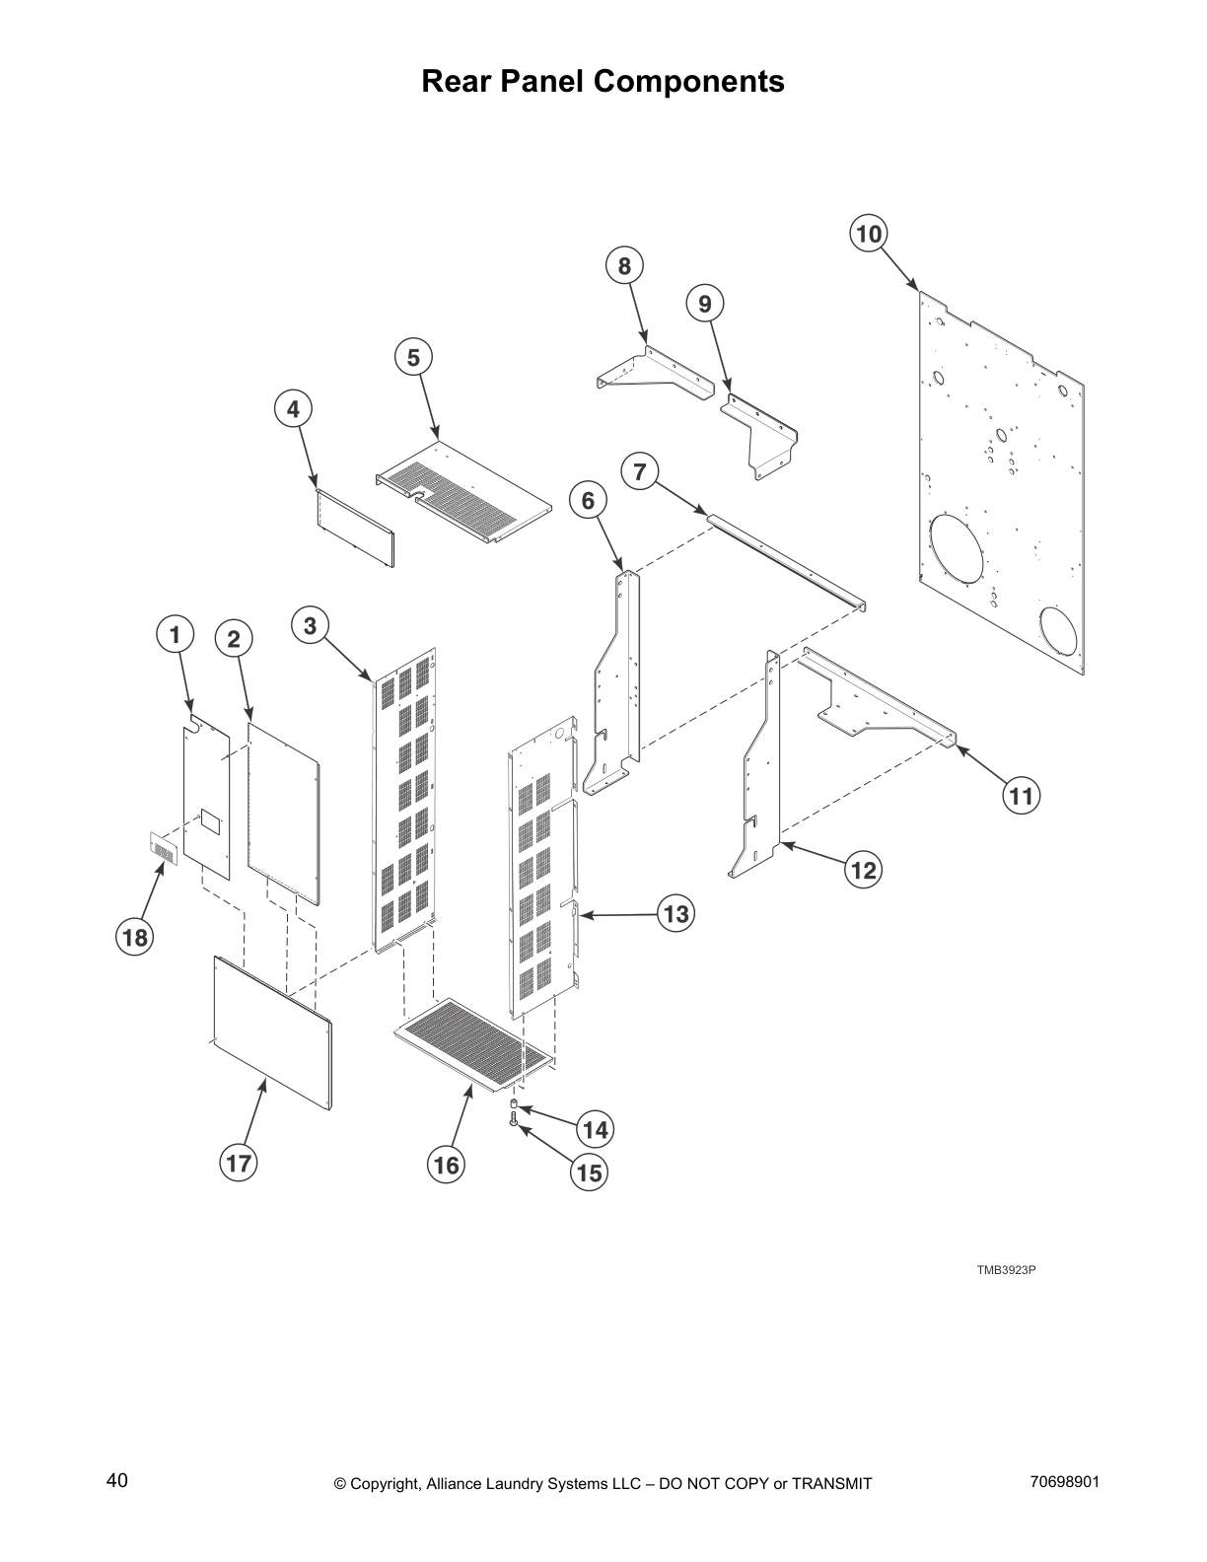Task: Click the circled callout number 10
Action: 868,234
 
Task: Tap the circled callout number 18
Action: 135,936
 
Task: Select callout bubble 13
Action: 675,914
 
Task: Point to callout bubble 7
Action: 640,471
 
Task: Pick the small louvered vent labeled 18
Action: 164,848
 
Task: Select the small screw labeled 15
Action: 514,1119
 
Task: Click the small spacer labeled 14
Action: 514,1101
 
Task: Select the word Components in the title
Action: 690,81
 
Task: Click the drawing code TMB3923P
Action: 1006,1269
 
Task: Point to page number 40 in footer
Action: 117,1480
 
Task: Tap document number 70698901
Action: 1064,1481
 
